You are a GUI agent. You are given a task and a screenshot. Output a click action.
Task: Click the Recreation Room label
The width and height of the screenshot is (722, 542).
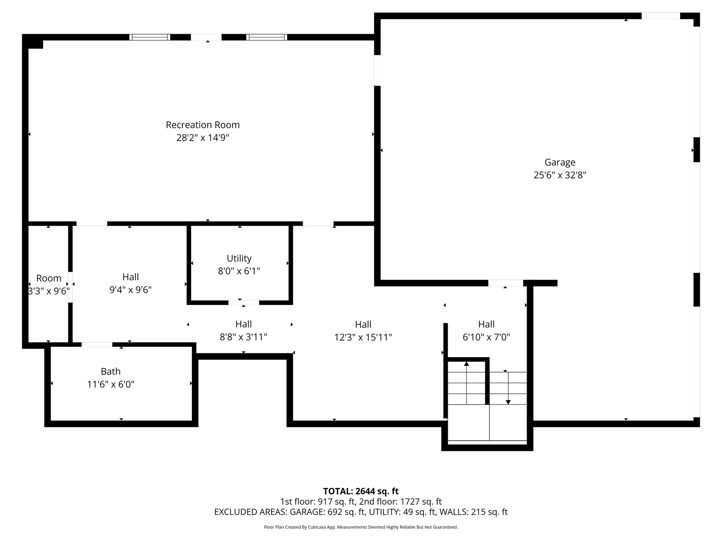pos(203,125)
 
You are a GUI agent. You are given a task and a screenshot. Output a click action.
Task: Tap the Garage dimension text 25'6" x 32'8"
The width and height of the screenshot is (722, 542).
pos(560,175)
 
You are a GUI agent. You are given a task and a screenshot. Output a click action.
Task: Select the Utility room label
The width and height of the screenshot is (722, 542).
pos(239,258)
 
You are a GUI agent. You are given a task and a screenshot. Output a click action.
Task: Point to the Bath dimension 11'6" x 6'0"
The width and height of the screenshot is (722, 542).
pos(111,384)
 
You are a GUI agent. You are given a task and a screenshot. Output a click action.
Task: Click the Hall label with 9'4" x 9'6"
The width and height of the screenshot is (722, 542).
pos(130,277)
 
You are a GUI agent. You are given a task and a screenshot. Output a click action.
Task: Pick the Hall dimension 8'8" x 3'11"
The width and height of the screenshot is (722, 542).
pos(243,337)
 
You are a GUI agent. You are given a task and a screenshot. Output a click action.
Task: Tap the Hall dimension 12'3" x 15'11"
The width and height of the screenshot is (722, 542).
pos(363,338)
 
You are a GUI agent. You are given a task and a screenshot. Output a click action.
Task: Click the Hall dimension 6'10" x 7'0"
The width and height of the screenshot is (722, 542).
pos(486,337)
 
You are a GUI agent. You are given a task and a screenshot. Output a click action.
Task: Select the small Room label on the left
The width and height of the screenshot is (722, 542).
pos(49,278)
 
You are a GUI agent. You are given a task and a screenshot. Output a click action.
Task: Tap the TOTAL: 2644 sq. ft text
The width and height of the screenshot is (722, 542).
pos(361,491)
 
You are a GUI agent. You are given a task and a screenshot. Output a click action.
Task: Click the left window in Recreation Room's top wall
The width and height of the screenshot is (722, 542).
pos(150,37)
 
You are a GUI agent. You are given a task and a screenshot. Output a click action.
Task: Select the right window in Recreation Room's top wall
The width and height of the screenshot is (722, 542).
pos(267,37)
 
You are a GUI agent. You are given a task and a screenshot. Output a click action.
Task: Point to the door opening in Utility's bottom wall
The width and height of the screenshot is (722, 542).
pos(244,303)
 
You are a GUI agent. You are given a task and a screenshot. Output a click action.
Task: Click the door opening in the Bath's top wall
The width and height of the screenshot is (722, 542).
pos(97,345)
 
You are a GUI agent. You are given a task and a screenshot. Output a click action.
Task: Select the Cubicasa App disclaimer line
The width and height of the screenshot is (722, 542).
pos(361,527)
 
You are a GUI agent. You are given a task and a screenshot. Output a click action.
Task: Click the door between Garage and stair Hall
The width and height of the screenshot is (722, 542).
pos(506,283)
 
